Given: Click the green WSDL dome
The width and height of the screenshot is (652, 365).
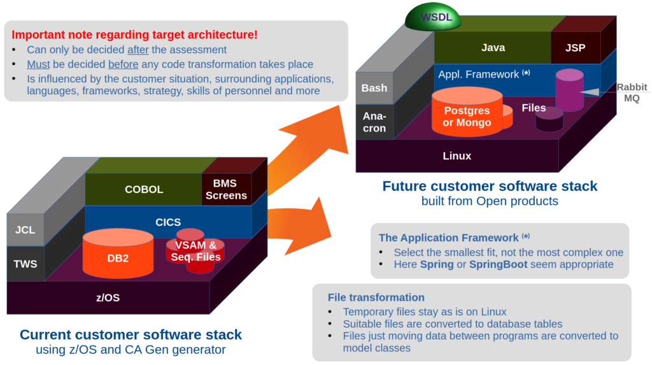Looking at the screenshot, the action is (x=433, y=17).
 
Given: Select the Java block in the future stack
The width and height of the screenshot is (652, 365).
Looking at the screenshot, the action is (x=493, y=47).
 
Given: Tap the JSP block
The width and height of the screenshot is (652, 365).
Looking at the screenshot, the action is (x=576, y=47).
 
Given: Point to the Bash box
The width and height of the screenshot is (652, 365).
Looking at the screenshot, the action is (x=374, y=88).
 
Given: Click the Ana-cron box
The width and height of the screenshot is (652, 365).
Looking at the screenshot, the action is (x=374, y=122).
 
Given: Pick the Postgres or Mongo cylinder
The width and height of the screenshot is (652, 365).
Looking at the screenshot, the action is (x=467, y=111).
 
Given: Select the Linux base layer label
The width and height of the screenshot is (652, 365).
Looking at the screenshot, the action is (x=457, y=156).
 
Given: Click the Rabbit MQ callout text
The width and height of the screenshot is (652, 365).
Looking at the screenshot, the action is (x=632, y=92).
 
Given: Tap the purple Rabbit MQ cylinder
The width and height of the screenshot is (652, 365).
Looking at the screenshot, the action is (x=569, y=90).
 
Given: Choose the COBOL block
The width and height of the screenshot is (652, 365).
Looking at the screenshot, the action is (x=143, y=189).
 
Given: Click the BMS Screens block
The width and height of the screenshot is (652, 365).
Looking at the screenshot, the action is (x=226, y=189).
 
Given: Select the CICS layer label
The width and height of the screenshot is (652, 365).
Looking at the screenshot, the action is (x=168, y=222).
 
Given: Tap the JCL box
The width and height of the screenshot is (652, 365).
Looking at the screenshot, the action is (x=25, y=230).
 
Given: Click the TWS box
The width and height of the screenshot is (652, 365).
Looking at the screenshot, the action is (x=25, y=264).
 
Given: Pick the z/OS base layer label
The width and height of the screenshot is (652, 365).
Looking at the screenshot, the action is (x=108, y=297).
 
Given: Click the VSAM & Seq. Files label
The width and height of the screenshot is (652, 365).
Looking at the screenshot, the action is (x=196, y=251).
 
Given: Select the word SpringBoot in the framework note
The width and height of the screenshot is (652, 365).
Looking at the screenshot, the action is (x=498, y=264).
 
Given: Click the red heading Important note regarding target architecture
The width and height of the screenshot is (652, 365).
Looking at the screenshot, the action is (x=134, y=34).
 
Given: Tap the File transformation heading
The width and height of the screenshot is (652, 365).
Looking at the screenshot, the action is (x=376, y=297).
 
